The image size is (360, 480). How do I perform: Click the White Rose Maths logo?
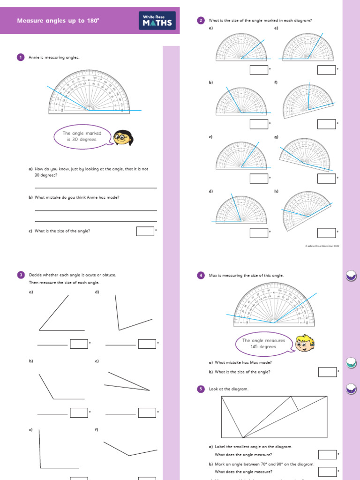pyautogui.click(x=157, y=21)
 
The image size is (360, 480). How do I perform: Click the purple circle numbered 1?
pyautogui.click(x=20, y=57)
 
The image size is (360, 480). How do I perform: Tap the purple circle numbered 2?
pyautogui.click(x=201, y=20)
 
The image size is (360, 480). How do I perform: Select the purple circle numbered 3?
pyautogui.click(x=20, y=275)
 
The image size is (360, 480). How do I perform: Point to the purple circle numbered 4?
pyautogui.click(x=201, y=276)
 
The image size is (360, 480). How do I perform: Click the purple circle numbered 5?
pyautogui.click(x=201, y=389)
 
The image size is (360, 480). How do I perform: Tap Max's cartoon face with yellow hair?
pyautogui.click(x=305, y=344)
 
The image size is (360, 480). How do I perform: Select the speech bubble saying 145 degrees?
pyautogui.click(x=260, y=344)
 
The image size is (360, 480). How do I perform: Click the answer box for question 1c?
pyautogui.click(x=145, y=231)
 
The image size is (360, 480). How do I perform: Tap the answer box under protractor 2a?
pyautogui.click(x=259, y=70)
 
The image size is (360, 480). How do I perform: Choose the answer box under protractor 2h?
pyautogui.click(x=326, y=233)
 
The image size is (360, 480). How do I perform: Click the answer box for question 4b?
pyautogui.click(x=327, y=372)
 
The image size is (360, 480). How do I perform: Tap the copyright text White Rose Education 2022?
pyautogui.click(x=322, y=245)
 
